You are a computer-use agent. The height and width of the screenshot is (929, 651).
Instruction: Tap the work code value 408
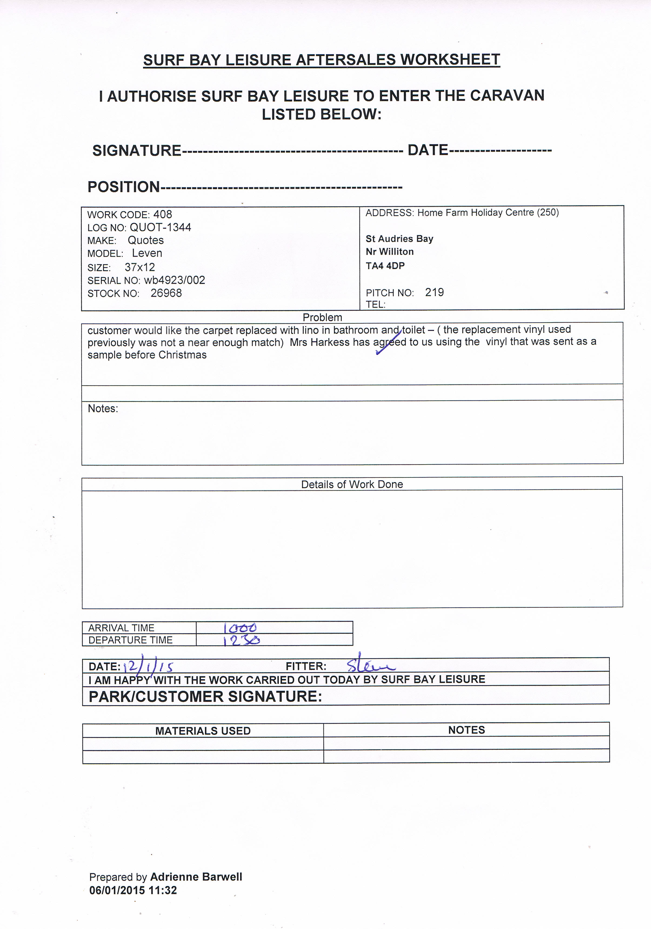click(x=163, y=214)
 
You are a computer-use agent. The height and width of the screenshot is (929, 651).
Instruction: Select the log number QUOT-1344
click(x=160, y=227)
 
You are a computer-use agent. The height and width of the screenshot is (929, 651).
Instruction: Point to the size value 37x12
click(x=139, y=267)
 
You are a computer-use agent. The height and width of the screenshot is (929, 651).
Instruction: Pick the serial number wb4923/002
click(x=174, y=280)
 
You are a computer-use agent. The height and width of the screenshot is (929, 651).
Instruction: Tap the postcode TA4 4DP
click(x=385, y=266)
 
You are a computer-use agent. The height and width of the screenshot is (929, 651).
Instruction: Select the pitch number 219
click(x=434, y=292)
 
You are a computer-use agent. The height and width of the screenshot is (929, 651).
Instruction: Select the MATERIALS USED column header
click(x=203, y=731)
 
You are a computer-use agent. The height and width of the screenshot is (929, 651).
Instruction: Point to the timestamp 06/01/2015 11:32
click(x=133, y=890)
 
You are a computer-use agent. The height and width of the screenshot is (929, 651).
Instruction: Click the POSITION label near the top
click(x=124, y=187)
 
